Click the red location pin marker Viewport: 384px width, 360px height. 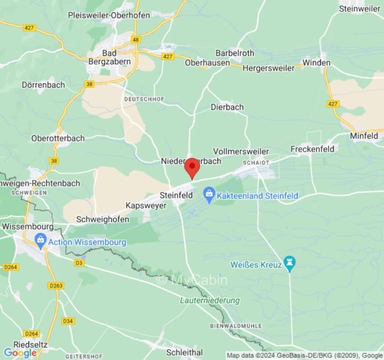(193, 167)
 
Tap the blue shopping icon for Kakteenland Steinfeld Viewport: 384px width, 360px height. (209, 196)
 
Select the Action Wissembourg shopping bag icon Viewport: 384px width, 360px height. (41, 242)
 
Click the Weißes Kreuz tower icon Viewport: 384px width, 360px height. (290, 265)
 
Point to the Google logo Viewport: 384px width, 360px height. (20, 353)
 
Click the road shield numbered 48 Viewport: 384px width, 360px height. (136, 39)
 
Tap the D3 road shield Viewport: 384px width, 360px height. (79, 262)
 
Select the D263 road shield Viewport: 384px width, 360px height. (56, 286)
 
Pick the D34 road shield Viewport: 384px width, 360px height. (68, 321)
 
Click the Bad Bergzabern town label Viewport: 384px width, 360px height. (109, 57)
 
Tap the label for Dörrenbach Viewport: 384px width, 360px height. (44, 85)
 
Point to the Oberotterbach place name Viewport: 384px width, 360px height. (58, 138)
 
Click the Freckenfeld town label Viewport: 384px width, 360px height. (312, 148)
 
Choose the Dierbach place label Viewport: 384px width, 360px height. (227, 107)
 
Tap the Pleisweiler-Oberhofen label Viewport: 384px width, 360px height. (109, 15)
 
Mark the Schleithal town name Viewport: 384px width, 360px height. (185, 352)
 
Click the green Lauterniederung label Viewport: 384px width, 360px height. (210, 300)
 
